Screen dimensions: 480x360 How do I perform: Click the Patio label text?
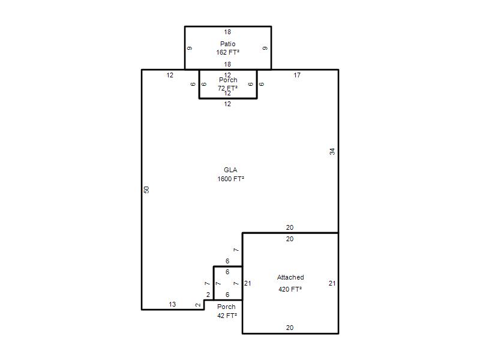[x=228, y=44]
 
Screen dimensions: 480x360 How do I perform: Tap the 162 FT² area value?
[x=228, y=52]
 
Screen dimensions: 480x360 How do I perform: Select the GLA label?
[x=230, y=170]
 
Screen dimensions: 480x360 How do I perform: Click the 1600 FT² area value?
[x=231, y=179]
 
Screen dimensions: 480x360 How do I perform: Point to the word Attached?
[x=290, y=277]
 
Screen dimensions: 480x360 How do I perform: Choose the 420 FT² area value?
[x=290, y=289]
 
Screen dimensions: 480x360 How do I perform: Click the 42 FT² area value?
[x=227, y=316]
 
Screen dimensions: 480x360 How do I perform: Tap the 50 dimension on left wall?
[x=146, y=190]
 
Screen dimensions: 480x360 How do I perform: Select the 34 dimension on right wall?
[x=332, y=151]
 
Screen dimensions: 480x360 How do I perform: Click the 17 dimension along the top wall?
[x=297, y=75]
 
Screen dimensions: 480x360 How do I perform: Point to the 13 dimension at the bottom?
[x=172, y=304]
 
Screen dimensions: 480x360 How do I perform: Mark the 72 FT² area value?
[x=228, y=88]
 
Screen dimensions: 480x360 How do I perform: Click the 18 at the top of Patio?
[x=227, y=32]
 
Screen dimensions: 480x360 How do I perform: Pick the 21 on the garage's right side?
[x=332, y=283]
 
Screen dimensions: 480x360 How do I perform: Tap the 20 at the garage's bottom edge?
[x=290, y=328]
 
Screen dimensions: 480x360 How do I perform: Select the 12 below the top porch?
[x=227, y=104]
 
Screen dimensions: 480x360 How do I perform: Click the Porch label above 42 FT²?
[x=227, y=307]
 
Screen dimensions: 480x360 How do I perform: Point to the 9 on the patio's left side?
[x=190, y=48]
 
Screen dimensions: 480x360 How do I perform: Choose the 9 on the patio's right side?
[x=265, y=48]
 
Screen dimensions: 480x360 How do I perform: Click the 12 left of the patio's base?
[x=170, y=75]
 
